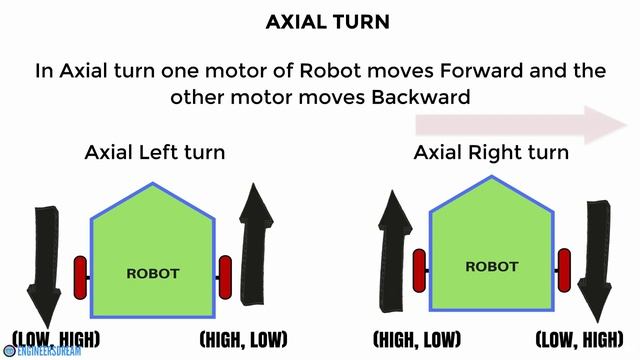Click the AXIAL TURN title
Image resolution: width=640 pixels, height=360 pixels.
(x=319, y=21)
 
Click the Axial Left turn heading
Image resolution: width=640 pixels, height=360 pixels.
(x=155, y=153)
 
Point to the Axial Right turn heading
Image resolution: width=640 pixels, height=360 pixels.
(x=491, y=153)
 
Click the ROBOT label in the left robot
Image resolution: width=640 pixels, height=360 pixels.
(x=152, y=272)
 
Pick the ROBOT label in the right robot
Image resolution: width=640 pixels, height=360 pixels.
(x=491, y=267)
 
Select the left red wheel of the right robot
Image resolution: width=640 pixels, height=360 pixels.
(x=419, y=268)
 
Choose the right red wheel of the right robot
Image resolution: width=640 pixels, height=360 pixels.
(x=564, y=268)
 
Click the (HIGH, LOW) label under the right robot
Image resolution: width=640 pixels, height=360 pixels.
(x=415, y=338)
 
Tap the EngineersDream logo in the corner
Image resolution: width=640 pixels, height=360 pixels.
(x=42, y=351)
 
